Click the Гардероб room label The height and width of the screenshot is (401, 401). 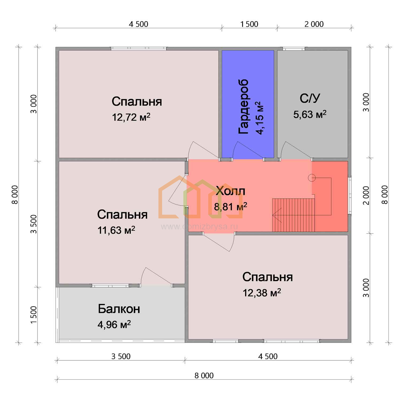point(243,106)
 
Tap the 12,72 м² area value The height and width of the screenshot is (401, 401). point(131,117)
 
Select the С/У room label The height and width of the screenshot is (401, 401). point(310,98)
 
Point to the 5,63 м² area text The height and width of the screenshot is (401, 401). point(310,114)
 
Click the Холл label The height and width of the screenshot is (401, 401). point(230,191)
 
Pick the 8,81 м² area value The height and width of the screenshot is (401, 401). point(230,206)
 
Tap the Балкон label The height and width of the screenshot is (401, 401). point(119,309)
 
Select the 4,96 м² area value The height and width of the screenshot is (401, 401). point(114,325)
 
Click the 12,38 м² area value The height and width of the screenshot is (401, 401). point(262,293)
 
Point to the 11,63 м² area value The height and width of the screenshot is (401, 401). point(116,230)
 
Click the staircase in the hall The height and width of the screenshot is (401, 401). point(294,215)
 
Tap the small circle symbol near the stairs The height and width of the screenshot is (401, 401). point(311,178)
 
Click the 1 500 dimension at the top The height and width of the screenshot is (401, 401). point(249,24)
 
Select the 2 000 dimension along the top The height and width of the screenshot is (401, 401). point(314,24)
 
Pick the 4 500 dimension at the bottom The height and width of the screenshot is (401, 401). point(268,356)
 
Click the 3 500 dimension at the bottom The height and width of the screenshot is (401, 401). point(121,356)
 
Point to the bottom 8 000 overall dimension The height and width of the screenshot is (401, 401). point(204,376)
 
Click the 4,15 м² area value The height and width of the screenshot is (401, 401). point(259,118)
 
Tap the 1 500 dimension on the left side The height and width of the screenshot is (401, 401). point(34,315)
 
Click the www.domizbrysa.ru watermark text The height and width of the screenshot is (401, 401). point(199,227)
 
